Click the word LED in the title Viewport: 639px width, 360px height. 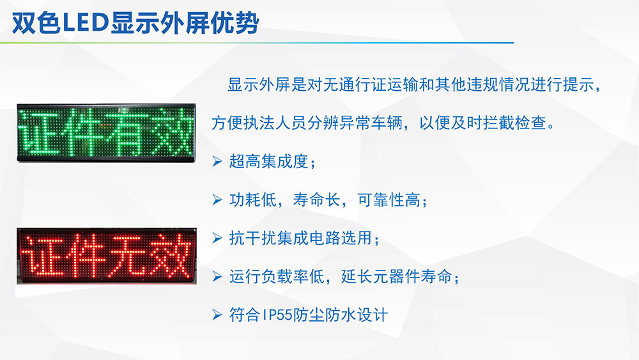pos(86,23)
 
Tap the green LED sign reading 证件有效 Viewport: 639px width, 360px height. pos(106,133)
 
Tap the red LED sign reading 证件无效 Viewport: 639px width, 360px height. pos(106,256)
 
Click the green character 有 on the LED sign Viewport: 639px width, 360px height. pos(127,132)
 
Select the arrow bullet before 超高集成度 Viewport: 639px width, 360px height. pos(217,161)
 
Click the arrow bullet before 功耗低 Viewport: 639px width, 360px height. pos(217,200)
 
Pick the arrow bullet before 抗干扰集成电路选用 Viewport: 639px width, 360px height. pos(217,238)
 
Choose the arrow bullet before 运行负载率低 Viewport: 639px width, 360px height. pos(217,277)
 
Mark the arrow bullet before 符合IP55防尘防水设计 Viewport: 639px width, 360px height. pos(217,315)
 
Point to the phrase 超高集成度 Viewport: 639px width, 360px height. pos(268,161)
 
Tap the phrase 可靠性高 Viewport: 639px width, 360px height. pos(389,200)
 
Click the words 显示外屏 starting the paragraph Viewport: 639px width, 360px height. pos(258,85)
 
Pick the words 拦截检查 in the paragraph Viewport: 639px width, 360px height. pos(514,123)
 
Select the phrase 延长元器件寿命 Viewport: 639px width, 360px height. pos(397,277)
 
